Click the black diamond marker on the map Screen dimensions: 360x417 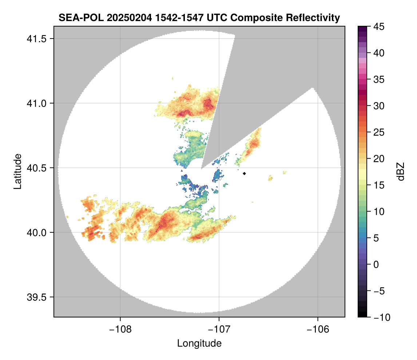pyautogui.click(x=245, y=173)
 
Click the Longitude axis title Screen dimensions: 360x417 pyautogui.click(x=199, y=343)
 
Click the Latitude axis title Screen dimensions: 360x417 pyautogui.click(x=17, y=171)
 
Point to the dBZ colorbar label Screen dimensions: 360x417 pyautogui.click(x=401, y=171)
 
